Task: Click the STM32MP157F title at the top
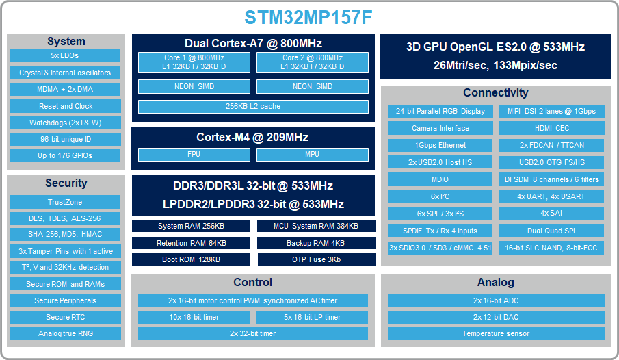pos(309,16)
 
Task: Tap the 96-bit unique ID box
pos(65,139)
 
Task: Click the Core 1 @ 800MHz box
pos(195,62)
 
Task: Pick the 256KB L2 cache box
pos(253,107)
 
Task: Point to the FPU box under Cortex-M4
pos(195,155)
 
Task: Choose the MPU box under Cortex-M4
pos(312,155)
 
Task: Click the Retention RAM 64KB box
pos(192,243)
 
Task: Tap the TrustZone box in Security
pos(65,202)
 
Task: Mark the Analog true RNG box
pos(65,334)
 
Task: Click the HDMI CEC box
pos(551,128)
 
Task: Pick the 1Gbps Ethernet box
pos(440,145)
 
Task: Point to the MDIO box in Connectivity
pos(440,179)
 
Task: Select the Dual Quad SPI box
pos(551,231)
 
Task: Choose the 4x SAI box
pos(551,214)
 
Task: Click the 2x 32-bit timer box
pos(253,334)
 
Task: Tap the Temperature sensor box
pos(496,334)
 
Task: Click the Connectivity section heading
pos(495,93)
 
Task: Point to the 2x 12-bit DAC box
pos(496,318)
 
